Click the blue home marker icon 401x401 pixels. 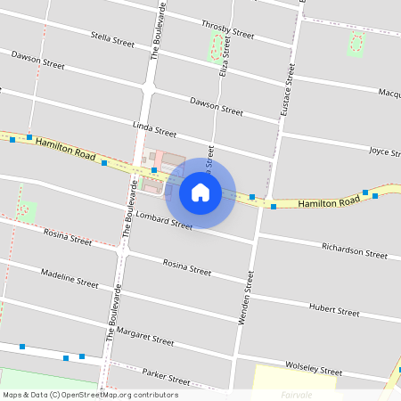[200, 192]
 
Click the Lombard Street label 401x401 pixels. [164, 220]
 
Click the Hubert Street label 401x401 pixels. [333, 309]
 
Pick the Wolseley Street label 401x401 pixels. [313, 367]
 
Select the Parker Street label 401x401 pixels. [167, 379]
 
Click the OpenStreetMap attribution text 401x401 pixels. [90, 395]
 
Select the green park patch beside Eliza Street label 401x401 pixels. [214, 48]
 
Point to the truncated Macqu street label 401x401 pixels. [389, 93]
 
